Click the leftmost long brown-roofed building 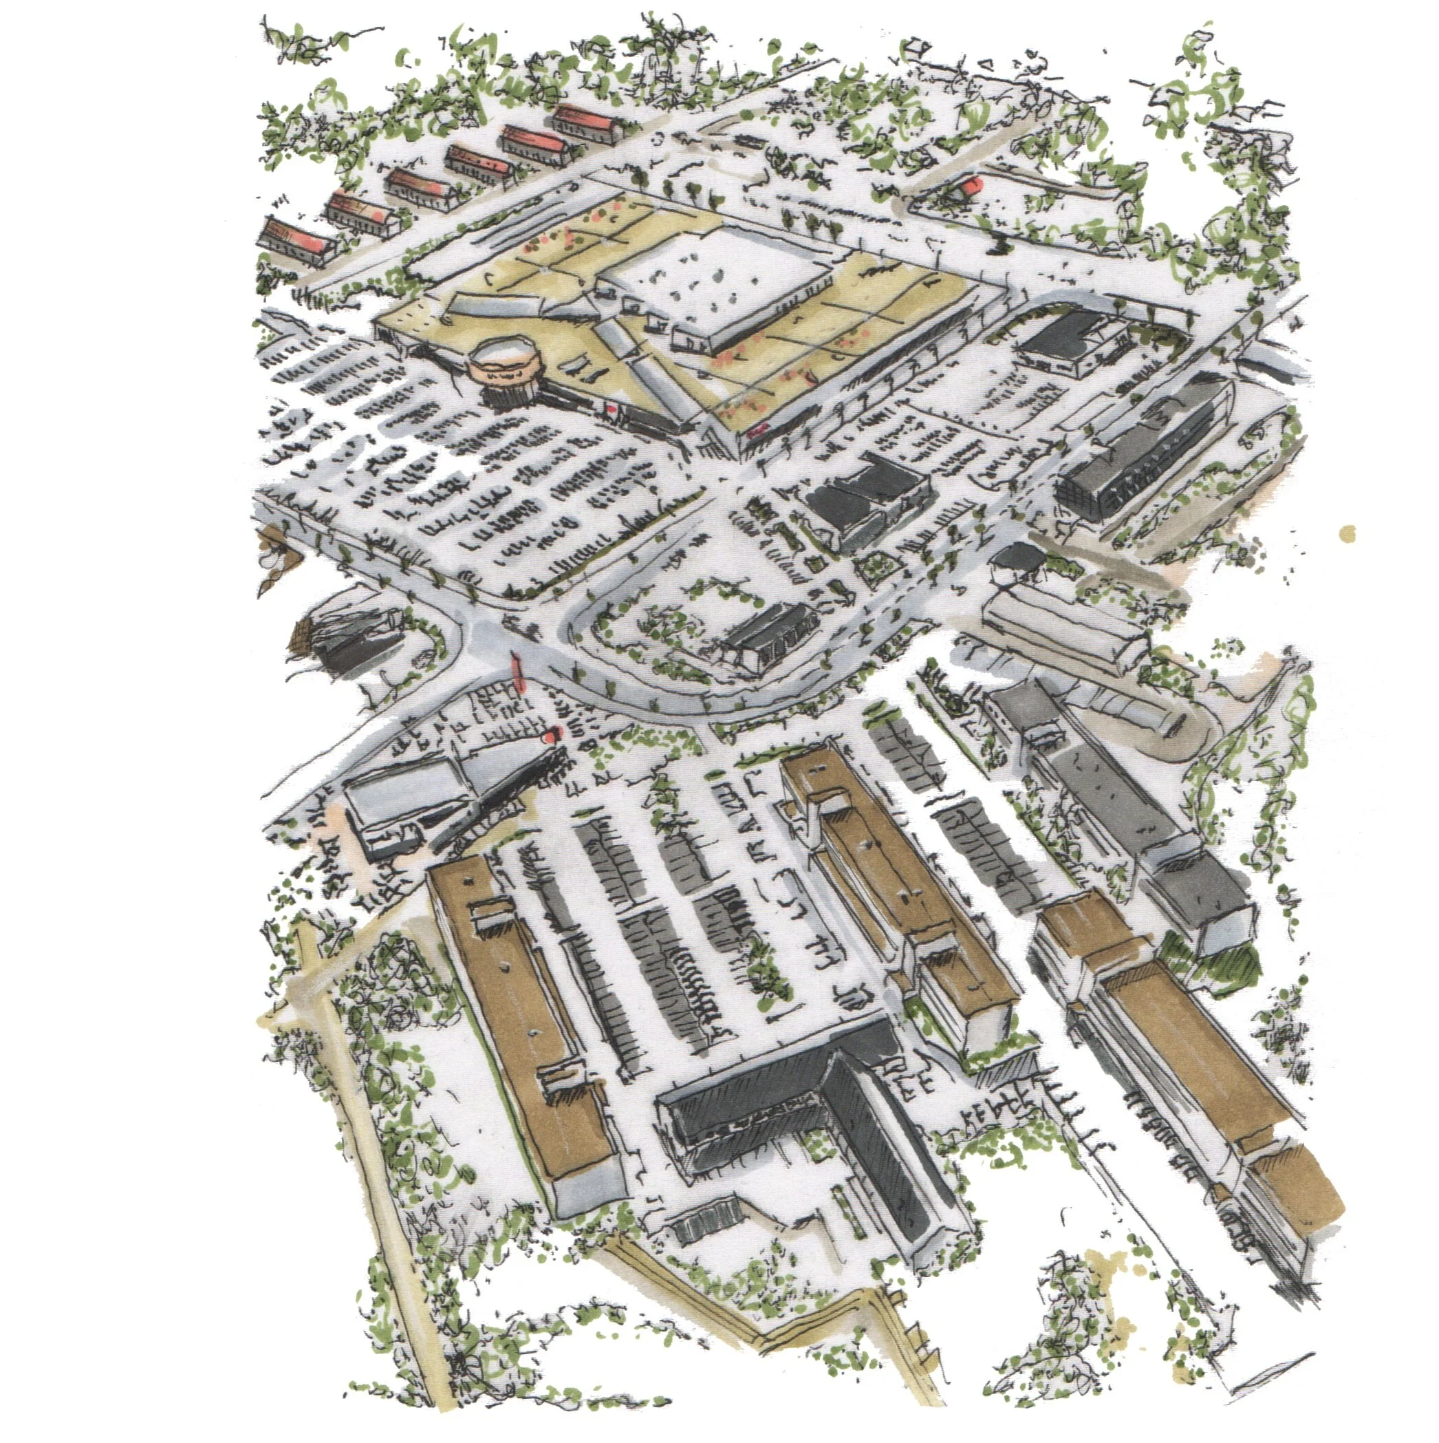pos(523,1031)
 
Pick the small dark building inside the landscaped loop pos(769,639)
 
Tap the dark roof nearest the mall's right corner pos(1061,340)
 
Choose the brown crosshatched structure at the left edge pos(306,639)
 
